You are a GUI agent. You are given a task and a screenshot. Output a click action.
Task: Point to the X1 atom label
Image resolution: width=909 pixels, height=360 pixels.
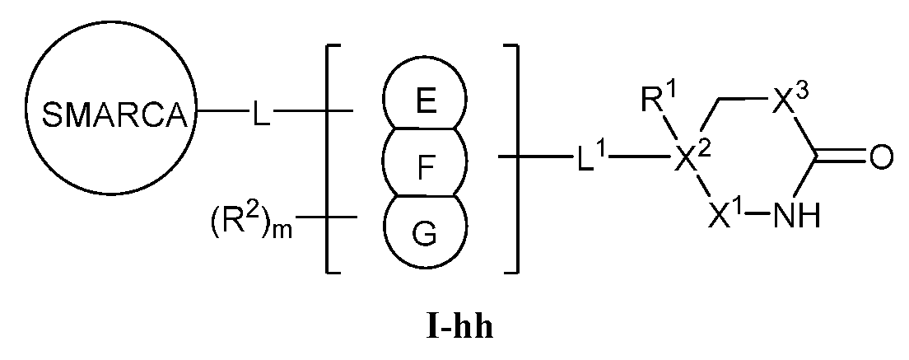tap(725, 218)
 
